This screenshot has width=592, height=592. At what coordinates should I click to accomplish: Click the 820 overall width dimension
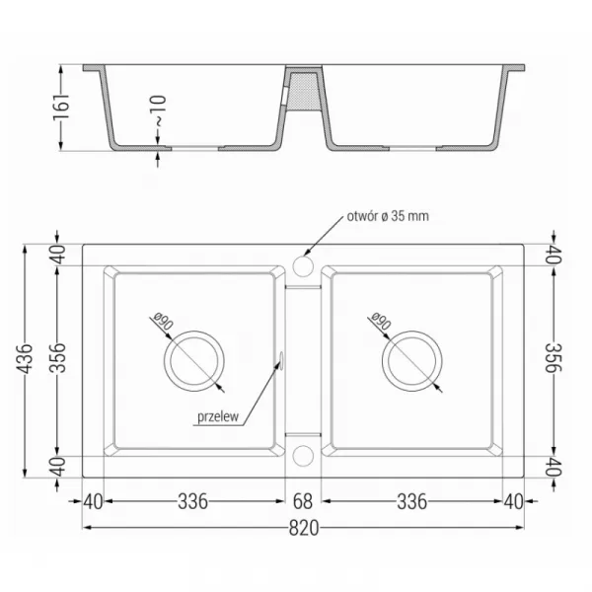(304, 528)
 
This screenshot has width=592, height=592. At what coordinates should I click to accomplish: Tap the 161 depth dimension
(61, 107)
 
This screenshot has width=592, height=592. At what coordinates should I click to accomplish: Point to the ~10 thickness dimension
(158, 111)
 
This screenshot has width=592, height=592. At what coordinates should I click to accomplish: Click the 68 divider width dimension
(303, 501)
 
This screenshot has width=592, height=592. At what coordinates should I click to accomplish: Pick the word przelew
(218, 416)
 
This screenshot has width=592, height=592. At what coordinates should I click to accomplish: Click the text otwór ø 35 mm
(388, 216)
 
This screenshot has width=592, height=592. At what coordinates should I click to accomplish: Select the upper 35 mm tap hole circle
(303, 266)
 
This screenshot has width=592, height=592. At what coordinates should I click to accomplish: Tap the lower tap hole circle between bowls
(303, 456)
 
